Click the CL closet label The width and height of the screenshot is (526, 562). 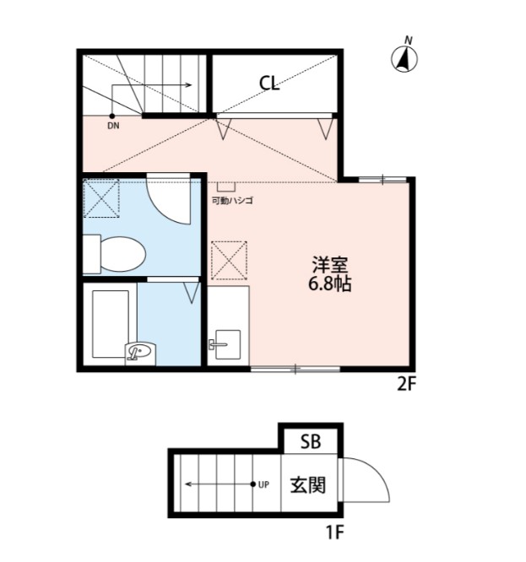coord(269,83)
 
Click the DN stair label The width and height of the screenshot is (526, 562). coord(113,127)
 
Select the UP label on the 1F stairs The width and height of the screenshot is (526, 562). coord(263,484)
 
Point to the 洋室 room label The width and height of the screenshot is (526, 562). coord(324,263)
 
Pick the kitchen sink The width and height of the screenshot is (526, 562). coord(225,344)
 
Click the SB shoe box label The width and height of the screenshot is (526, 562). coord(311,440)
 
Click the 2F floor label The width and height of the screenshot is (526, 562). coord(407,385)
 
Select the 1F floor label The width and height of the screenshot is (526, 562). coord(334,532)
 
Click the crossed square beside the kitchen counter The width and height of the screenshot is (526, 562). coord(228,259)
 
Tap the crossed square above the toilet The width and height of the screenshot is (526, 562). coord(102,199)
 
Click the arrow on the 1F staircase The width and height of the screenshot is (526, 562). coord(220,484)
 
